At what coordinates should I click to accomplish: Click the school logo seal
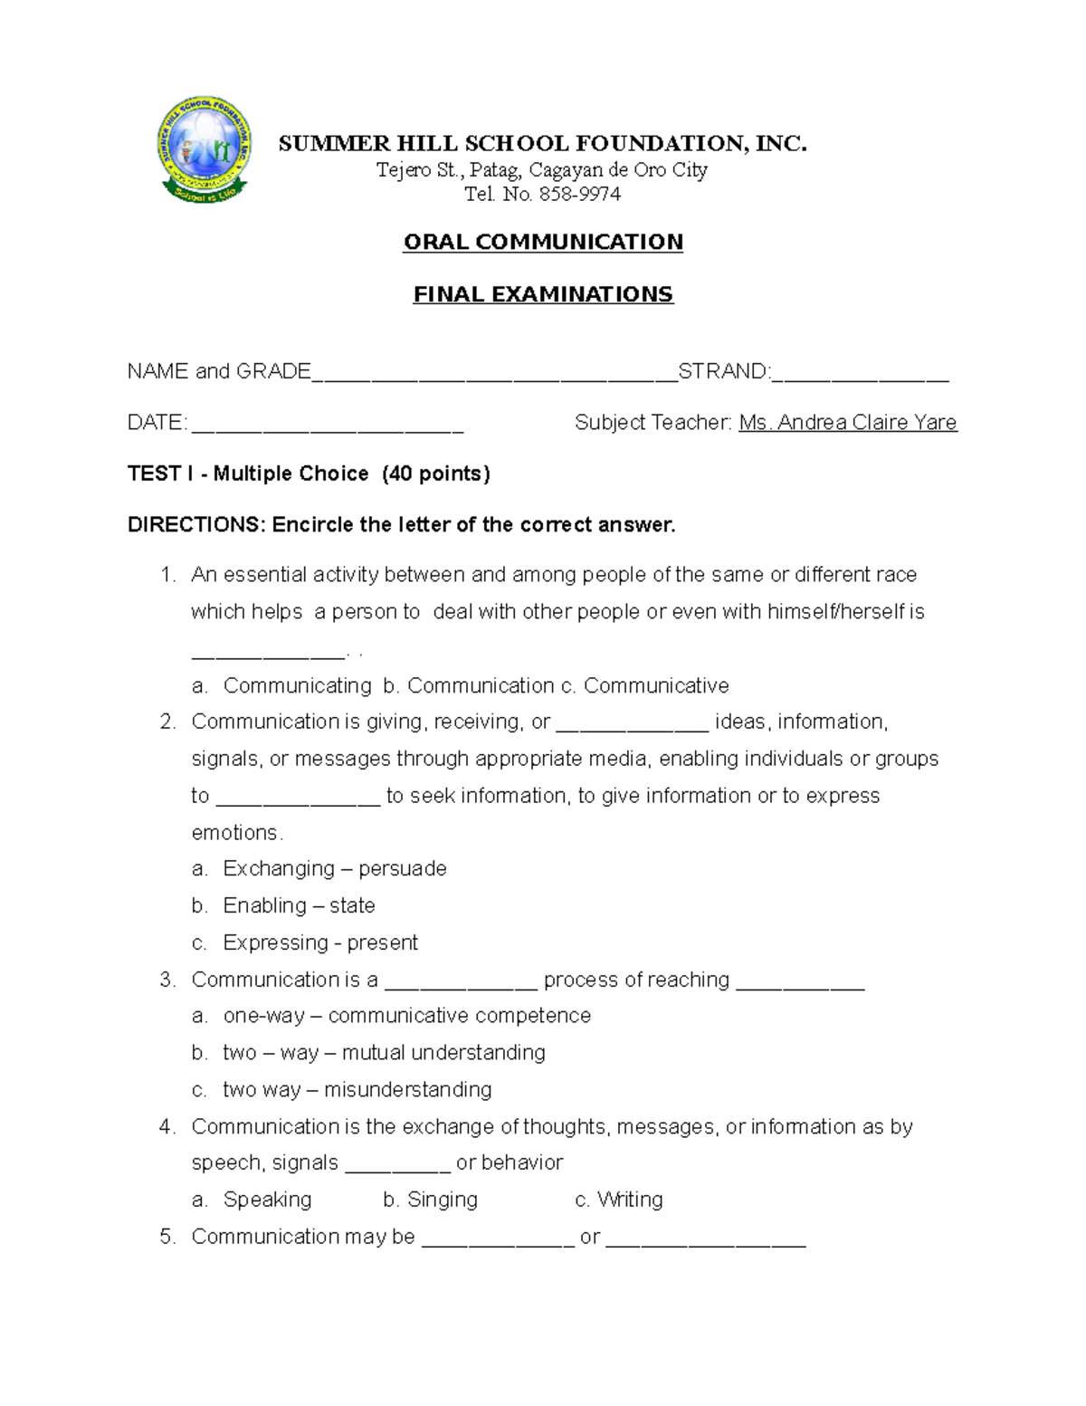click(205, 149)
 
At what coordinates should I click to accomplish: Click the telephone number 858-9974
click(580, 194)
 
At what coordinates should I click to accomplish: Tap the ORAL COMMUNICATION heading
click(543, 242)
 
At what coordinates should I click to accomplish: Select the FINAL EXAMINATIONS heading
click(543, 294)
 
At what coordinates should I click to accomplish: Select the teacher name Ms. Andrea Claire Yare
click(848, 423)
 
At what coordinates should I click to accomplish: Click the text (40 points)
click(436, 473)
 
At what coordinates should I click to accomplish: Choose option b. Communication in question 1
click(469, 685)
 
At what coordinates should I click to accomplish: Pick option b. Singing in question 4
click(431, 1200)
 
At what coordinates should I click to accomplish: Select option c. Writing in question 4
click(619, 1200)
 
